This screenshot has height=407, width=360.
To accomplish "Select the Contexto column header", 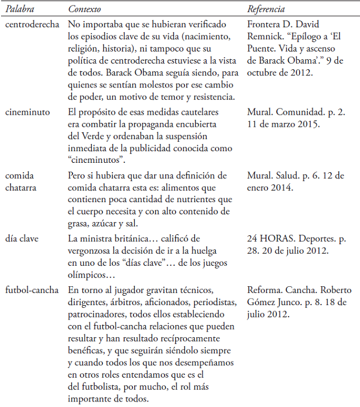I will (x=85, y=10).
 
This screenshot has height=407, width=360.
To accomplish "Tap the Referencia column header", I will (x=266, y=10).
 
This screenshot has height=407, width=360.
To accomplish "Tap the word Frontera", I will (x=264, y=24).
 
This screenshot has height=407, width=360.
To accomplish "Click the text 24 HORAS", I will (x=268, y=239).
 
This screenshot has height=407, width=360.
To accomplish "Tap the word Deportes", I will (x=316, y=239).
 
